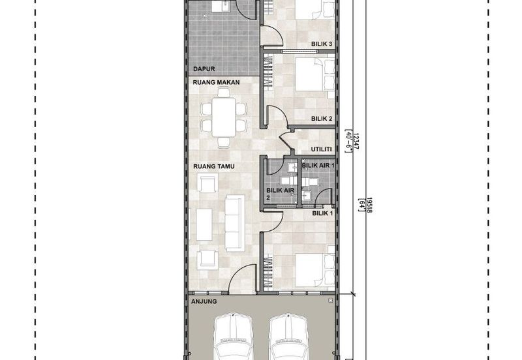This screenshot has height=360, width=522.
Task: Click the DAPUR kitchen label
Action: coord(204,69)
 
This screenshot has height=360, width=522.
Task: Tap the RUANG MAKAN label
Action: coord(216,82)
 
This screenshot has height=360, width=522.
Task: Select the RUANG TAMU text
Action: coord(214,166)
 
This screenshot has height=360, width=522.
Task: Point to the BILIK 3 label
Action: coord(322,44)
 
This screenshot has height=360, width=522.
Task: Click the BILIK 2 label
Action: coord(322,119)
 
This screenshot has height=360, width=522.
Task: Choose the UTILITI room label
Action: coord(321,149)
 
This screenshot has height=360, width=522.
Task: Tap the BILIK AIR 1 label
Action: coord(318,166)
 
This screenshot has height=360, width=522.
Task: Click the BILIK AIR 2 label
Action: coord(281,194)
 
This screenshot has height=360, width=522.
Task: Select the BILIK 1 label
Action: coord(322,213)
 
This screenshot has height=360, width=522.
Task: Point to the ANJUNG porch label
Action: coord(204,301)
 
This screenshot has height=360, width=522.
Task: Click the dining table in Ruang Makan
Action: coord(223,117)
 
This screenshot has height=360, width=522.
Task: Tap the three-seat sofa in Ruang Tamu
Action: coord(235,223)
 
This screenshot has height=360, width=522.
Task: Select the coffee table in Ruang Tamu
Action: coord(204,224)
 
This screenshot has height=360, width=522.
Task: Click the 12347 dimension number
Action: coord(356,142)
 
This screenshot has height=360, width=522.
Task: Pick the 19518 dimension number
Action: coord(369,205)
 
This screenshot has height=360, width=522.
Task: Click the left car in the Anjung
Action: coord(232,336)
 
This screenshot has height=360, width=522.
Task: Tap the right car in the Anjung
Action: coord(288,336)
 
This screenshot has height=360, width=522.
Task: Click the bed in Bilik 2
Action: coord(315,74)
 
